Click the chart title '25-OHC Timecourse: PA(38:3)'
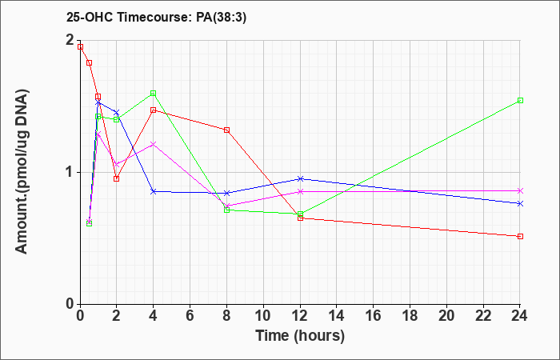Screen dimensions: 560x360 pos(156,18)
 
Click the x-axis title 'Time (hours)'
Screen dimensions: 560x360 pos(300,336)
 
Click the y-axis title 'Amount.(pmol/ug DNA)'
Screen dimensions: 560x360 pos(22,172)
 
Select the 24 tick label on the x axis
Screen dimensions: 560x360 pos(520,316)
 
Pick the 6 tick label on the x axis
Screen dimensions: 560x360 pos(190,316)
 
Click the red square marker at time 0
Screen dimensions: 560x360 pos(80,46)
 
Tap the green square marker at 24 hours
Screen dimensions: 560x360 pos(520,100)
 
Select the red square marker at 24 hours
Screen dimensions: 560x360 pos(520,237)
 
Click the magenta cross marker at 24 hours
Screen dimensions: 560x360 pos(520,190)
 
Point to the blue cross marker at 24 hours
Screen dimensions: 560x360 pos(520,203)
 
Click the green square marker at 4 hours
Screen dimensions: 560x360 pos(154,94)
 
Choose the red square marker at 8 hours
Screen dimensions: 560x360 pos(226,130)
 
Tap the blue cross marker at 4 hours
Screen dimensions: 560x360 pos(154,192)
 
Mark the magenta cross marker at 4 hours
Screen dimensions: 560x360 pos(154,144)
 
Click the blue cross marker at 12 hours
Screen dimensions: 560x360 pos(300,178)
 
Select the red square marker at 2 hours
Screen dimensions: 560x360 pos(117,178)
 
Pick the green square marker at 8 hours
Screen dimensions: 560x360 pos(226,210)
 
